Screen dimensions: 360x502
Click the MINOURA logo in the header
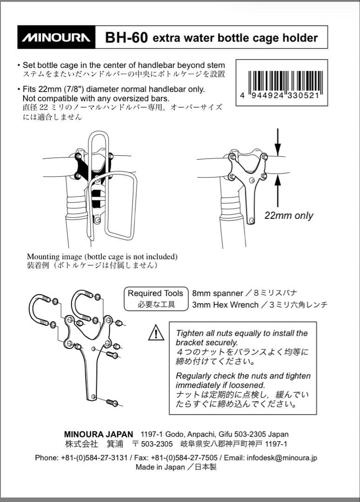click(56, 38)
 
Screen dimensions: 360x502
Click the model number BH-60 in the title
click(127, 38)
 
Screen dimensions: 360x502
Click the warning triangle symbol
click(156, 332)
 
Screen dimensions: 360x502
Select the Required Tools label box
click(156, 298)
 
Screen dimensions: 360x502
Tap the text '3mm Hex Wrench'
click(225, 304)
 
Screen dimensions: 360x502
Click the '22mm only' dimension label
click(288, 216)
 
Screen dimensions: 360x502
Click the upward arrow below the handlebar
click(278, 191)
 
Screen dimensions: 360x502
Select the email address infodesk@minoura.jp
click(281, 457)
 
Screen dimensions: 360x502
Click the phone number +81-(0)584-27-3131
click(94, 457)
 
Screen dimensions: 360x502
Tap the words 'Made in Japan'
click(160, 467)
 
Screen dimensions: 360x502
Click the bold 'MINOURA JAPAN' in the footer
click(98, 435)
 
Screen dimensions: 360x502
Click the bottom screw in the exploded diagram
click(112, 402)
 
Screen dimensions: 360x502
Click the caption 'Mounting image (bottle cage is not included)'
click(102, 257)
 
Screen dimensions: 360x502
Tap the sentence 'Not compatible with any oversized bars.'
click(96, 98)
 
